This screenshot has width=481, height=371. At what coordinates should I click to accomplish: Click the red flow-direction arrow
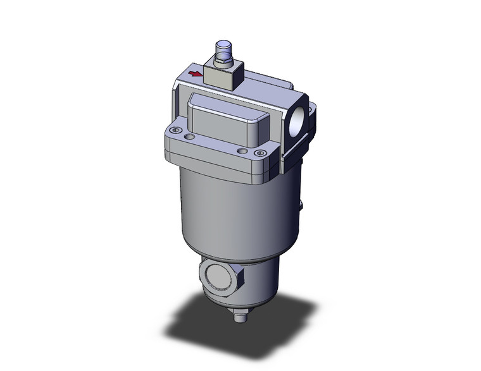pyautogui.click(x=197, y=75)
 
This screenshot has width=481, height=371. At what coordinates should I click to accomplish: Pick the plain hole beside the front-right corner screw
pyautogui.click(x=240, y=150)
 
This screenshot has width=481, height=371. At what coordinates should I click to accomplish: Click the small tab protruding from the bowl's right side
pyautogui.click(x=300, y=207)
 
